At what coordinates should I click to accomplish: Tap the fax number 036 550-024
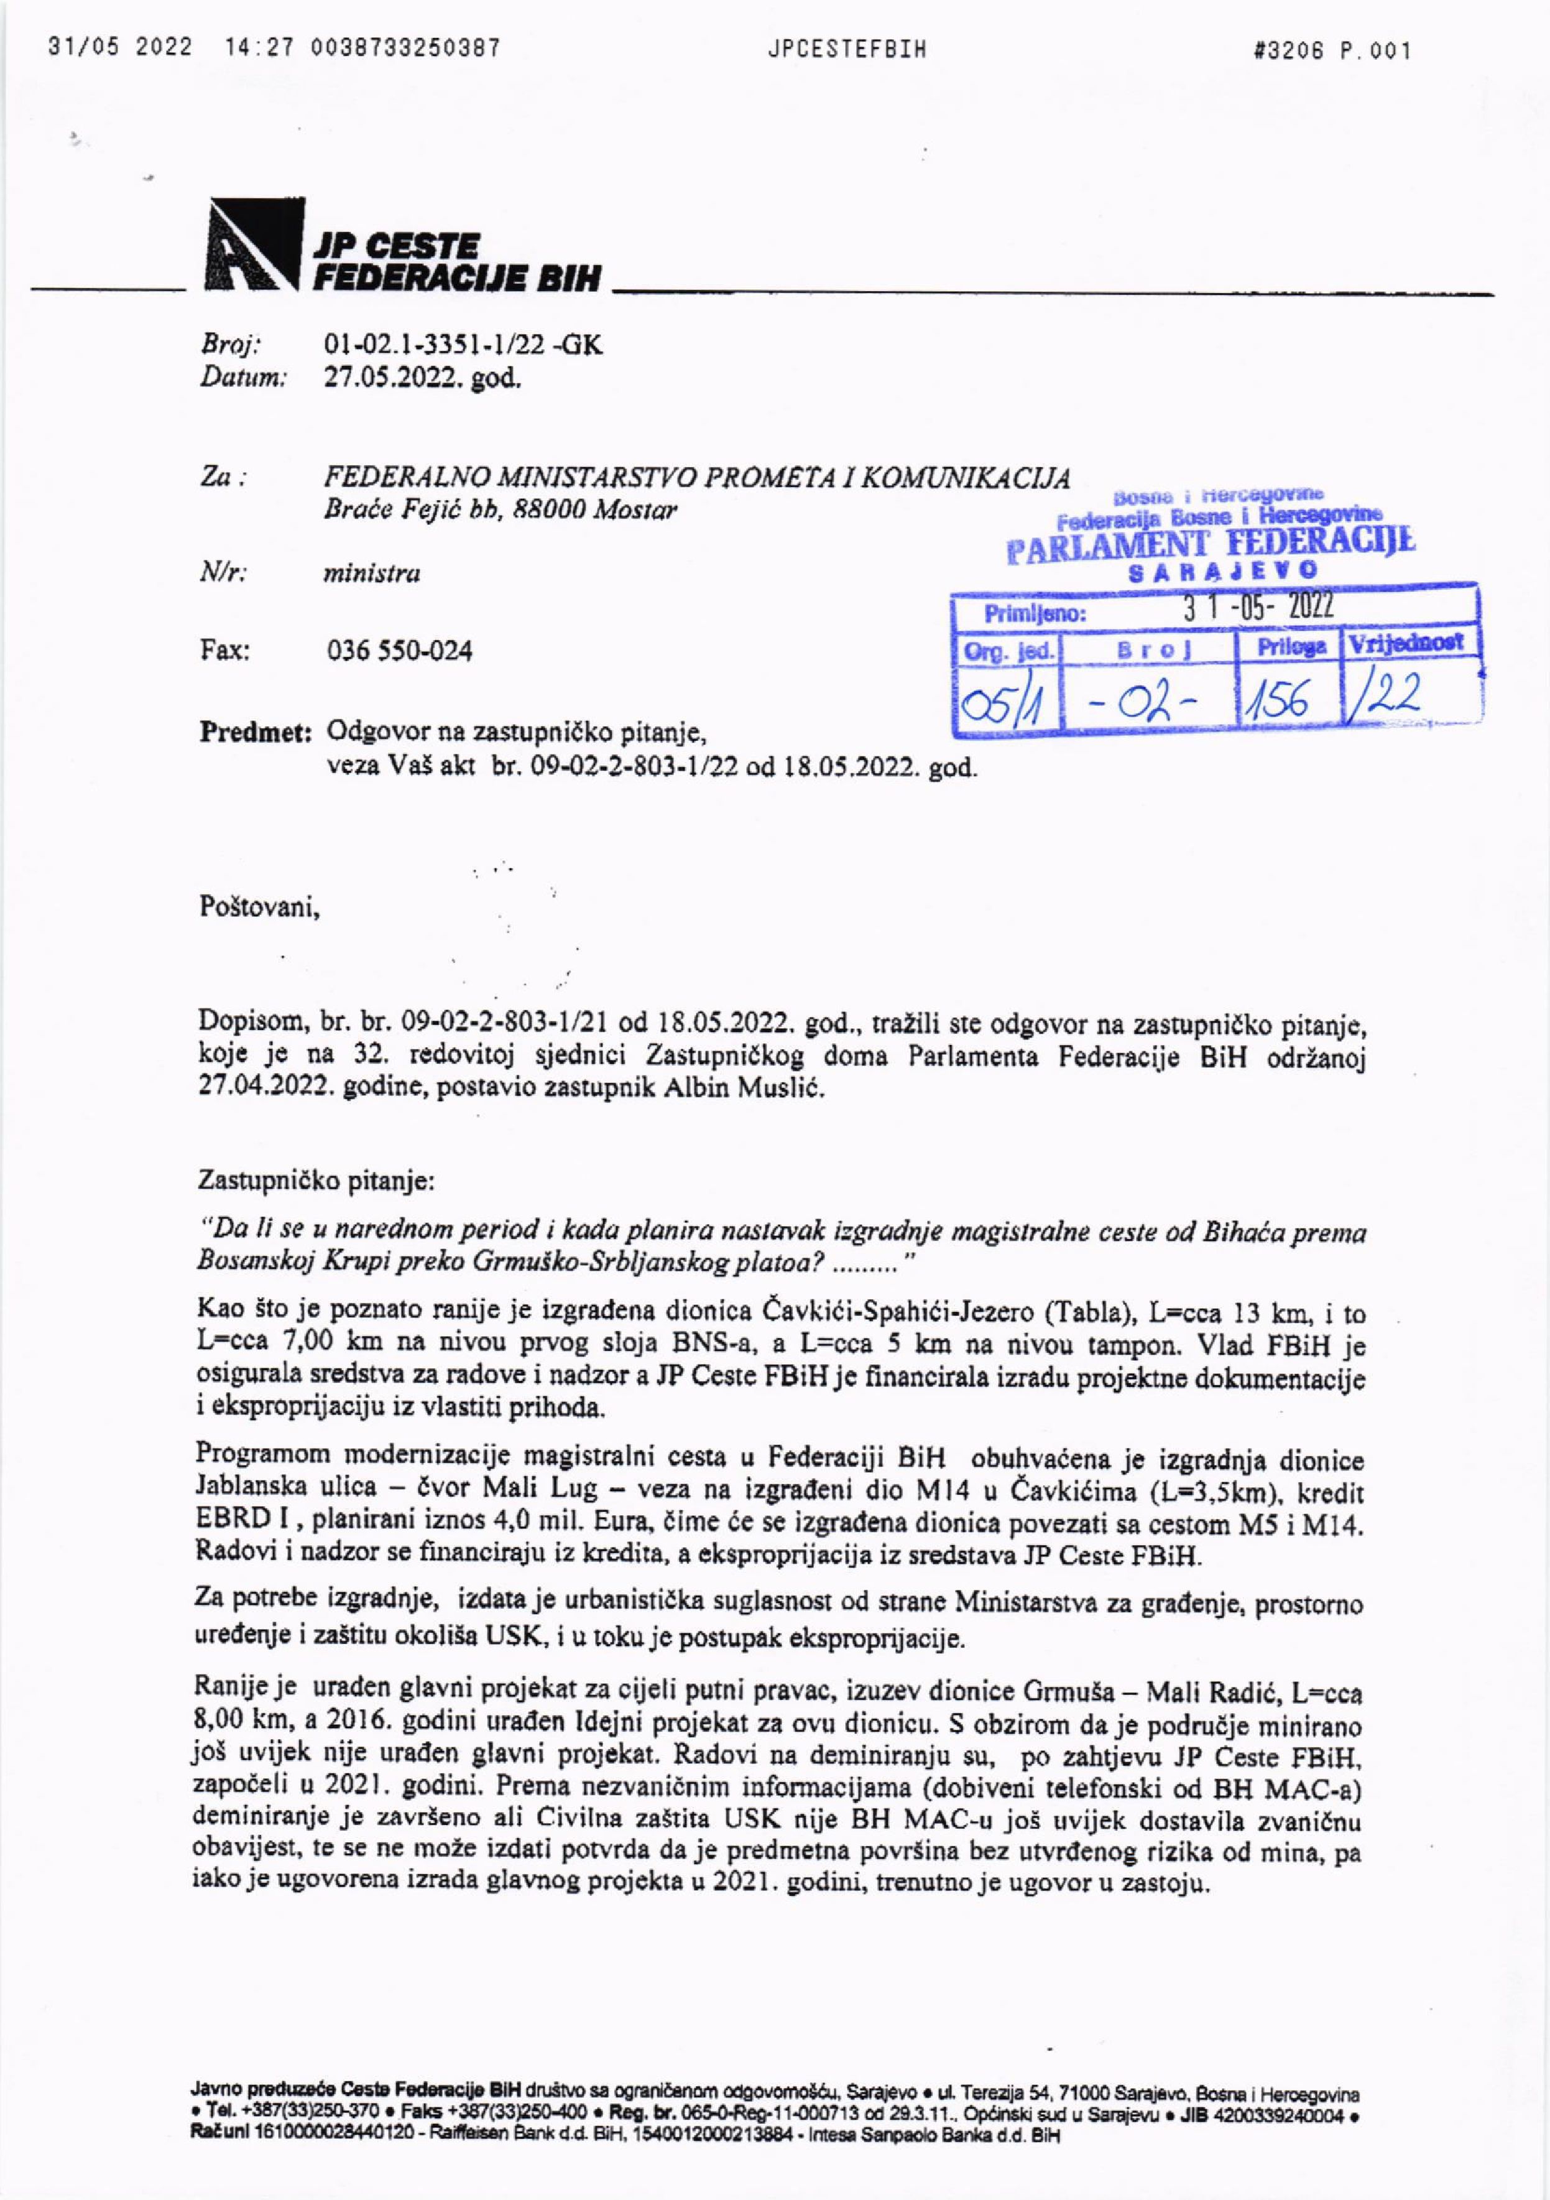click(x=400, y=652)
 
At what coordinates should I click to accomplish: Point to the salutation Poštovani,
click(x=259, y=906)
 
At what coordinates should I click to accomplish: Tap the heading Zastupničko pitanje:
click(x=316, y=1181)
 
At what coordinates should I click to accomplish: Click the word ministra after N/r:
click(x=372, y=574)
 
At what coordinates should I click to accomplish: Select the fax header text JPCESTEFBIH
click(x=847, y=50)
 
